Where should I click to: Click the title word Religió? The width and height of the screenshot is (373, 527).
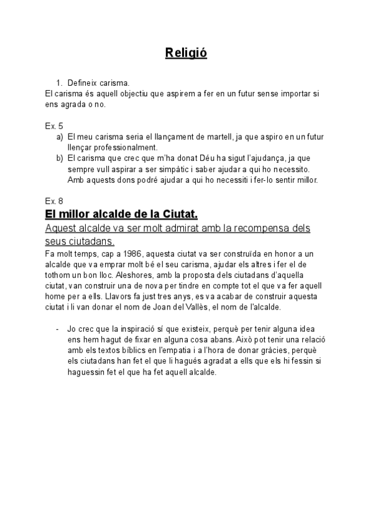[x=186, y=53]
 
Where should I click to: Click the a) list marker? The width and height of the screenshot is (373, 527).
[x=60, y=136]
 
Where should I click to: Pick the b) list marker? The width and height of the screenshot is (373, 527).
[x=60, y=158]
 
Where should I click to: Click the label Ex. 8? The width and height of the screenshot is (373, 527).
[x=54, y=201]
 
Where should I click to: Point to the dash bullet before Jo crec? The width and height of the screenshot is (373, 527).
[x=57, y=329]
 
